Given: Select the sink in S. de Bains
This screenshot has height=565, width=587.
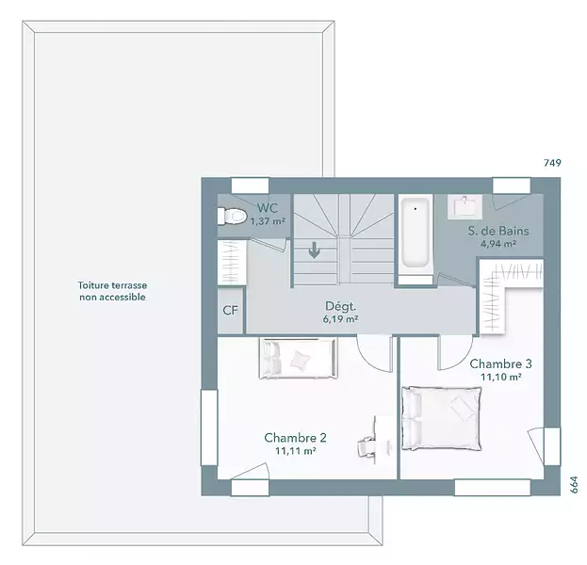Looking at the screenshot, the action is [465, 206].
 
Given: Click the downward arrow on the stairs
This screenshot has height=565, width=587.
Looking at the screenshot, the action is [314, 250].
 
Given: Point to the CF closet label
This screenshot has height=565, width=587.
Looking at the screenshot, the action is [230, 310].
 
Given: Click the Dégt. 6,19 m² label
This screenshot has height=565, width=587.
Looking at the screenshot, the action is [340, 313].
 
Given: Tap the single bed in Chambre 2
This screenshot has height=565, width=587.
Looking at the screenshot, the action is [299, 359].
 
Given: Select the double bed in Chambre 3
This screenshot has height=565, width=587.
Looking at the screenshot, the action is [442, 418].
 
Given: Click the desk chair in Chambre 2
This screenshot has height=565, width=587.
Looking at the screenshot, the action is [366, 446].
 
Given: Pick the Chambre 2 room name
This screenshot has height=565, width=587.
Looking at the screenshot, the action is [295, 438].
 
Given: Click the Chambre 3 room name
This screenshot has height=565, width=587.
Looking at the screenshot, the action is [501, 363].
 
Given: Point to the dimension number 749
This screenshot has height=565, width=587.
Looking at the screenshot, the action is [552, 163].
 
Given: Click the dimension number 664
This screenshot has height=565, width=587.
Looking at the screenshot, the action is [574, 485].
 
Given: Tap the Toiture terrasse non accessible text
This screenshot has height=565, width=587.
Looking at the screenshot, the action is [112, 291].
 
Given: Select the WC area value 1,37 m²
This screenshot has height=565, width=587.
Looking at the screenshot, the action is [268, 221].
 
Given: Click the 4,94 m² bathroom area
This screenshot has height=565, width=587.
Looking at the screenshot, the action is [498, 244].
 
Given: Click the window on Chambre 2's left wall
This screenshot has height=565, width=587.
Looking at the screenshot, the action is [209, 428].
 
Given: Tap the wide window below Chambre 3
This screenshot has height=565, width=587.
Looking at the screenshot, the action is [492, 488].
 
